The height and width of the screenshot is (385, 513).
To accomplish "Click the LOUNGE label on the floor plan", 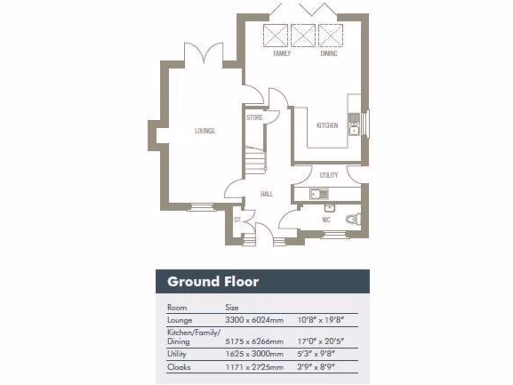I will [x=205, y=131].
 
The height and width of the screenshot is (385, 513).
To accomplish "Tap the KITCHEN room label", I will [x=327, y=125].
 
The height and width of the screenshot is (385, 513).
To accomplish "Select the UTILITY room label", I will [x=329, y=175].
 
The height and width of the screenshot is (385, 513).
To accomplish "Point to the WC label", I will [x=326, y=220].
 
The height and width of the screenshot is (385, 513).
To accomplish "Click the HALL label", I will [x=267, y=194].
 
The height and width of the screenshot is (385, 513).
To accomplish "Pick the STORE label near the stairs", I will [x=254, y=118].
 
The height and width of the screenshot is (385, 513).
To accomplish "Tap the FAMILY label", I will [x=282, y=54].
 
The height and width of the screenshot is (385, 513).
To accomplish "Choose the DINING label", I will [x=329, y=54].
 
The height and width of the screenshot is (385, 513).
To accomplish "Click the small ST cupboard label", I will [x=237, y=220].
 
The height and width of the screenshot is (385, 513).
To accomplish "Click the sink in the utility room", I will [x=319, y=194].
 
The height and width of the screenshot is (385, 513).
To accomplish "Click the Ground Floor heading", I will [x=213, y=281].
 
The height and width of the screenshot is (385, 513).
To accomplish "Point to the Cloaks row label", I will [x=179, y=367].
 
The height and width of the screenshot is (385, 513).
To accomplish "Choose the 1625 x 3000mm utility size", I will [x=254, y=354].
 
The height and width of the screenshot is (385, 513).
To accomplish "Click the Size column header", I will [x=232, y=307].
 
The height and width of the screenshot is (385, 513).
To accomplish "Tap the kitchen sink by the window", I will [x=354, y=129].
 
